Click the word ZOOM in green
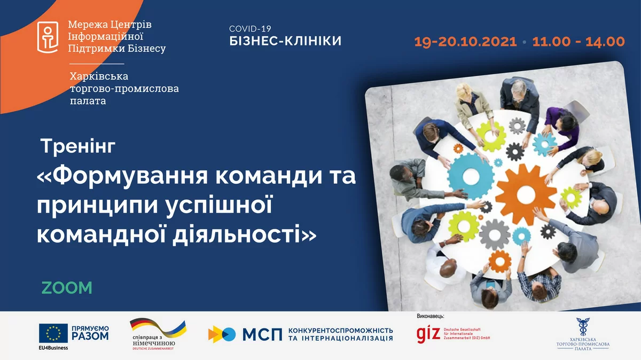(x=67, y=288)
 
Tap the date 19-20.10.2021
(x=465, y=42)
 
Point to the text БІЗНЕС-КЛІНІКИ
(x=285, y=41)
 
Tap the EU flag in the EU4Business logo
(x=53, y=333)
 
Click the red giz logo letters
(x=428, y=333)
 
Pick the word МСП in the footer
(x=262, y=334)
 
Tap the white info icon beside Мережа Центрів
(x=48, y=37)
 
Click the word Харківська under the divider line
(x=99, y=76)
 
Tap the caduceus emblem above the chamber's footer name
(x=583, y=327)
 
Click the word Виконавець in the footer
(x=430, y=316)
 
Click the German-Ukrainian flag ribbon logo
(x=158, y=328)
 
